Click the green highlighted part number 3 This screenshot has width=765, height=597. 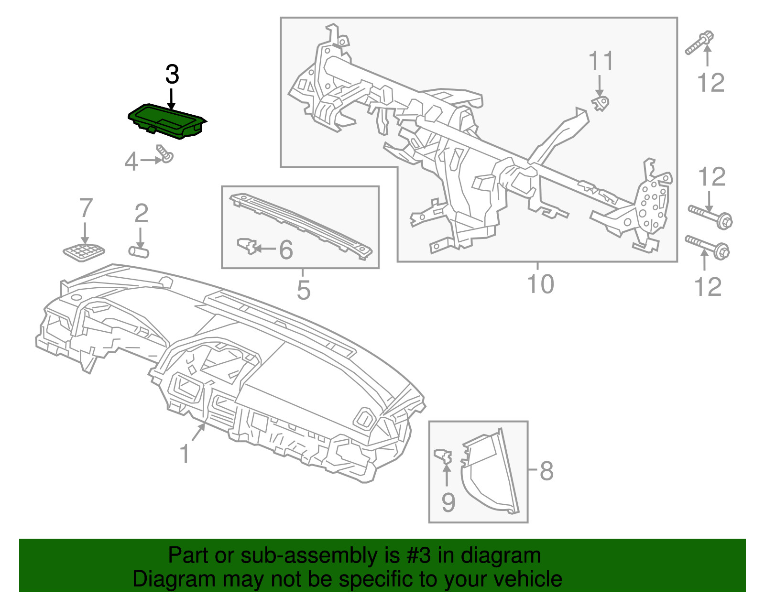click(x=167, y=121)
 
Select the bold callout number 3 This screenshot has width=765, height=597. click(x=172, y=74)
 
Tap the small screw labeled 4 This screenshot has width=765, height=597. click(x=165, y=154)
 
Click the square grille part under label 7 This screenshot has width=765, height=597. click(x=84, y=252)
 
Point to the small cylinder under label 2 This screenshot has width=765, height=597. click(x=138, y=252)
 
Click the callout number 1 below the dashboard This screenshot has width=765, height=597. click(x=185, y=453)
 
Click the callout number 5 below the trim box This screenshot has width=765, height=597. click(x=304, y=290)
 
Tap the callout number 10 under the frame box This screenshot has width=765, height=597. click(x=540, y=284)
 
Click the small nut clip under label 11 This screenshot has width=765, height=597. click(x=601, y=103)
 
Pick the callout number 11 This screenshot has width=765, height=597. click(x=601, y=61)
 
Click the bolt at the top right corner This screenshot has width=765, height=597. click(x=699, y=43)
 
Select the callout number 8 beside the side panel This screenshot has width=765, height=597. click(x=546, y=471)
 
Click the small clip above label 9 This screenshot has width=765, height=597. click(x=443, y=456)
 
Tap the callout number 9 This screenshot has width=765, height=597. click(x=448, y=502)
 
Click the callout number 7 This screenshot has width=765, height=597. click(x=86, y=207)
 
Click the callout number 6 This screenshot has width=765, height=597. click(x=286, y=250)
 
